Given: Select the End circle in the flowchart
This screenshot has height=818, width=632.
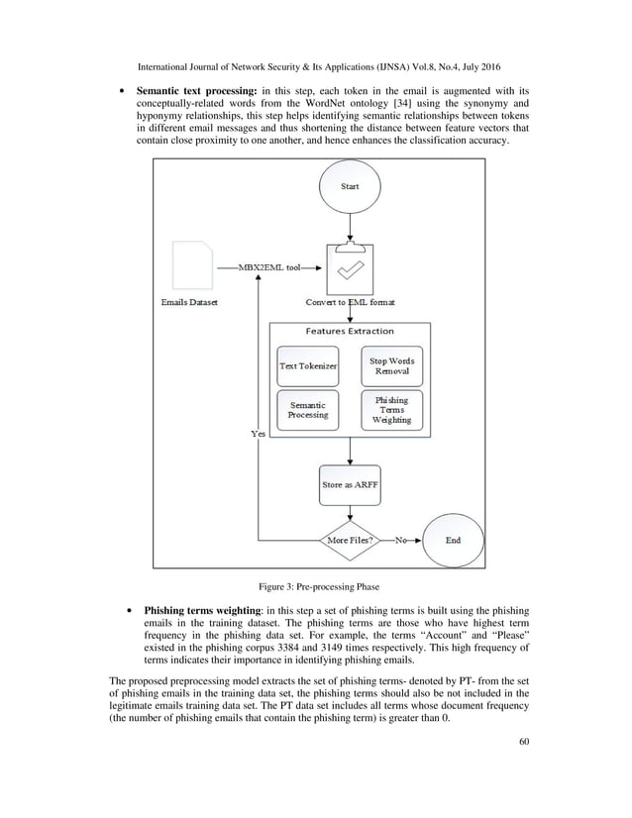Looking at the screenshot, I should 453,541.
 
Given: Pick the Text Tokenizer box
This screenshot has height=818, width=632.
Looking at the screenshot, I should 307,366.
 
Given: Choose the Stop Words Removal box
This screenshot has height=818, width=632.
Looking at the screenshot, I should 390,366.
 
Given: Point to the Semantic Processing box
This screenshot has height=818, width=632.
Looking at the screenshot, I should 307,410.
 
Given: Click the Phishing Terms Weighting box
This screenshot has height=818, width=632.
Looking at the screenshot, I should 390,410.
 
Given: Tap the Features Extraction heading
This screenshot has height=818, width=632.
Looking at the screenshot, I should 349,331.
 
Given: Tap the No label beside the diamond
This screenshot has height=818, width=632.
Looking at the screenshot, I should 402,541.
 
